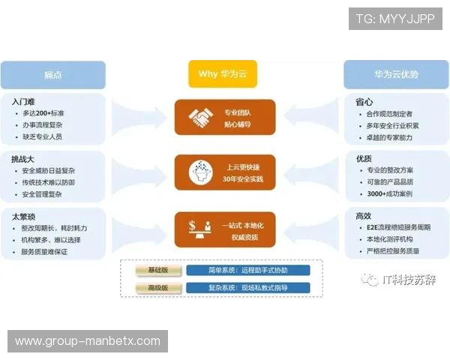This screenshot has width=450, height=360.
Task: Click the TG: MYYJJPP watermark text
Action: (394, 19)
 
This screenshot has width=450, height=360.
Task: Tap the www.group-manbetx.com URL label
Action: (87, 341)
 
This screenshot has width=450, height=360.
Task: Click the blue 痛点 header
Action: (52, 74)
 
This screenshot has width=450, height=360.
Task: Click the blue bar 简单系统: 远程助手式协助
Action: (247, 270)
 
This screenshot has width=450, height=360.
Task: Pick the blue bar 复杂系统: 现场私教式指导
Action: (247, 287)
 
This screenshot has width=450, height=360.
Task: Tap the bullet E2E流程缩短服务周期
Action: (397, 227)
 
